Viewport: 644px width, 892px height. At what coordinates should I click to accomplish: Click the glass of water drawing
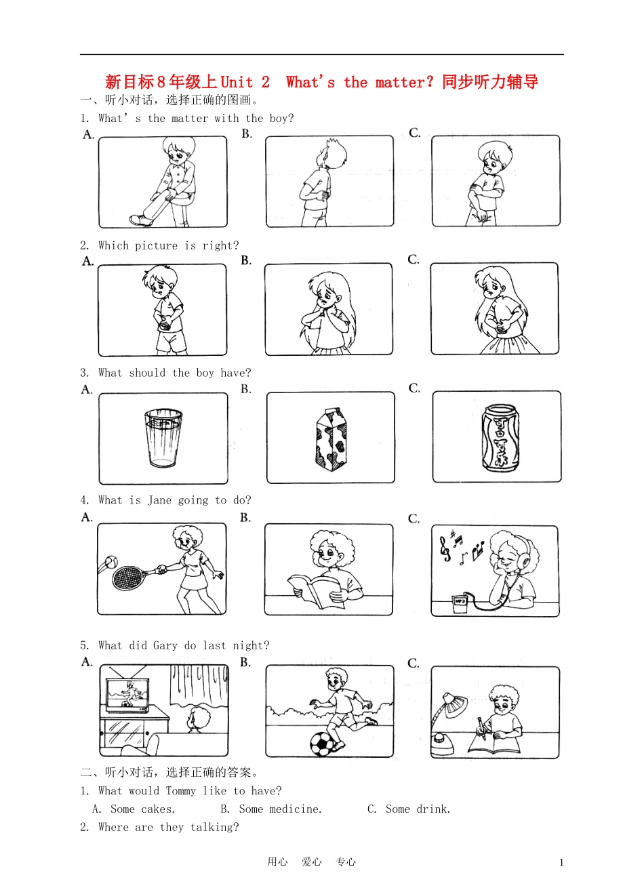click(x=163, y=438)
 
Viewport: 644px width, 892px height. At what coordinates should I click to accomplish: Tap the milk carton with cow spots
click(x=331, y=439)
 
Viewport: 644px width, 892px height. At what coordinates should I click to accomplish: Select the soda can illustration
click(x=500, y=439)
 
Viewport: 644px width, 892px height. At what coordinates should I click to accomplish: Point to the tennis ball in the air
click(x=109, y=562)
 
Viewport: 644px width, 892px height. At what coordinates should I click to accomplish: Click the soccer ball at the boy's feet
click(x=322, y=744)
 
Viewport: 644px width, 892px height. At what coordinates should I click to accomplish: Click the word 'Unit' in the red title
click(x=237, y=83)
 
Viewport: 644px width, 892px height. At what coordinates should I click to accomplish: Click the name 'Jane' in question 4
click(x=159, y=500)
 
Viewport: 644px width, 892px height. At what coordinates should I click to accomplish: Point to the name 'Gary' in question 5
click(x=165, y=645)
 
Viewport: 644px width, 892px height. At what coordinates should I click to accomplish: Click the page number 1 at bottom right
click(x=561, y=862)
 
